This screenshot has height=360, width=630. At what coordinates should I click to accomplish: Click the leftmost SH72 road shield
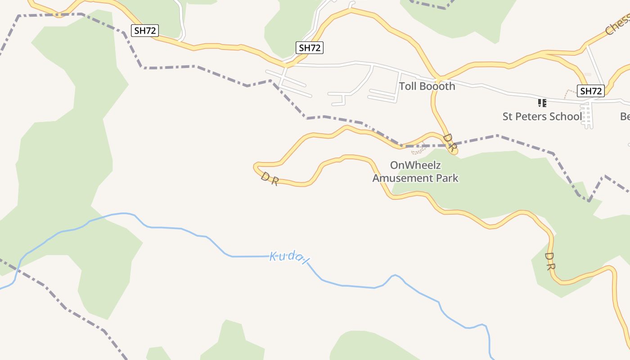click(145, 31)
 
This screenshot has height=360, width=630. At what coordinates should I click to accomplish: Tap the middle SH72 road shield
click(310, 47)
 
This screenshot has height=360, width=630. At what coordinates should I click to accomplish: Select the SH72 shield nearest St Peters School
click(590, 91)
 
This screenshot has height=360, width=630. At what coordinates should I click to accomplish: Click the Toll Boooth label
click(427, 86)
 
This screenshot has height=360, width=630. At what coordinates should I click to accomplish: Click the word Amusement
click(397, 178)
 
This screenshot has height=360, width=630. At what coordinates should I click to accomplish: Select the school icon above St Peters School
click(542, 103)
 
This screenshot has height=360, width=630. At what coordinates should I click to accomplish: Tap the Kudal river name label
click(290, 258)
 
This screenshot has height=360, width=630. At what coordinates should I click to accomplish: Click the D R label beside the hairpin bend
click(270, 179)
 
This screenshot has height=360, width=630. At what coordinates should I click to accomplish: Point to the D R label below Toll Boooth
click(450, 142)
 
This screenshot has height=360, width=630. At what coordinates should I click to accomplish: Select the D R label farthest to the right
click(549, 261)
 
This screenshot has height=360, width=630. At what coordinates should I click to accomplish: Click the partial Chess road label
click(617, 25)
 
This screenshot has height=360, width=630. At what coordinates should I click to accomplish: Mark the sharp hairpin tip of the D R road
click(255, 166)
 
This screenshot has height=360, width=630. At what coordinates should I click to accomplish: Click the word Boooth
click(437, 86)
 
